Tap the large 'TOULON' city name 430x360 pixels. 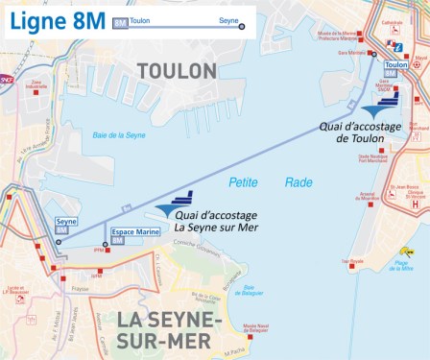(x=178, y=70)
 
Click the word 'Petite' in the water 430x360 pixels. (x=244, y=181)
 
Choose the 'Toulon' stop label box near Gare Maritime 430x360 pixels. (x=394, y=65)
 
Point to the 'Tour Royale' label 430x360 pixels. (x=352, y=260)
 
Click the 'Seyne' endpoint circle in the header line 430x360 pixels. (x=241, y=26)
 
